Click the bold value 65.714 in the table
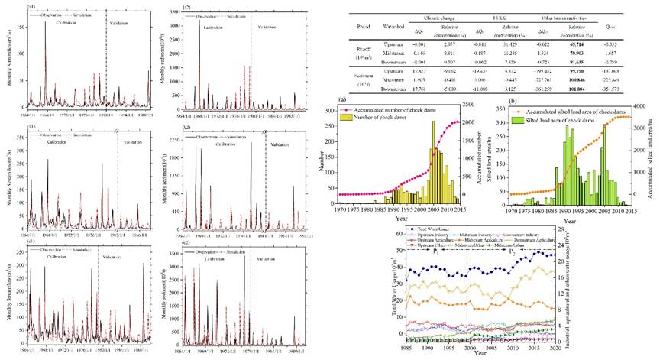tap(574, 47)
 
